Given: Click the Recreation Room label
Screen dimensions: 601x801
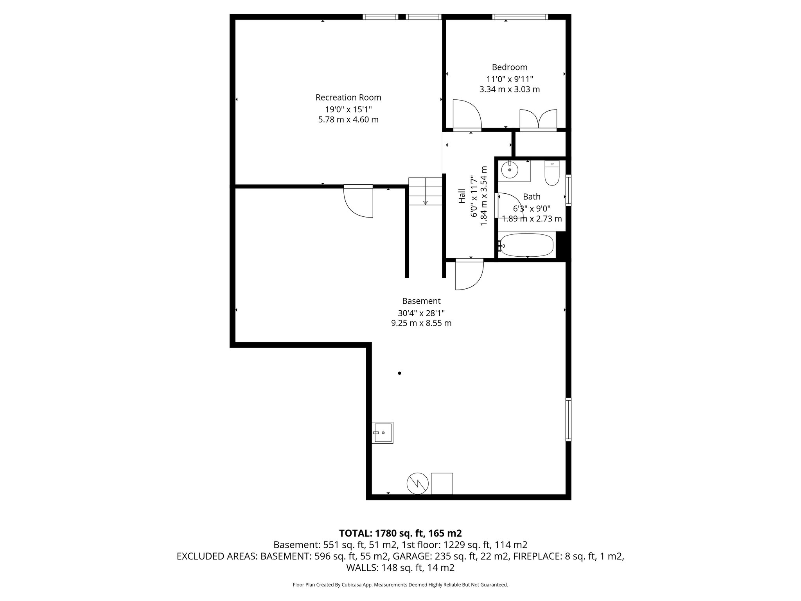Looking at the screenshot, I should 348,97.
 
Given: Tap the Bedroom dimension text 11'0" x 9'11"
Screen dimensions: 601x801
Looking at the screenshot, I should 509,79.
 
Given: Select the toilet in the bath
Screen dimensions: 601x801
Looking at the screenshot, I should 552,174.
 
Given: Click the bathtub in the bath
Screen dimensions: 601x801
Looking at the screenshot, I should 526,245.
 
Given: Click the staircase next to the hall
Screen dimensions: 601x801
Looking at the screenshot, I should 425,191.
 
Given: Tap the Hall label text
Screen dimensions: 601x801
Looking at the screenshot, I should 462,196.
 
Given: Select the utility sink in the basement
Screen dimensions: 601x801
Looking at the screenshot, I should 382,432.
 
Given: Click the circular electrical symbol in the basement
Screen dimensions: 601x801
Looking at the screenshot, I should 418,484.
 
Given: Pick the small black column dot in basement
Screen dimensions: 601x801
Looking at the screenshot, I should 399,373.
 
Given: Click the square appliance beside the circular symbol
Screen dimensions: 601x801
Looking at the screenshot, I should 442,484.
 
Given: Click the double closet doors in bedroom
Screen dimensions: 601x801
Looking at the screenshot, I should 538,119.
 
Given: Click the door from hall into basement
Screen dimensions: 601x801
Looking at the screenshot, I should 469,275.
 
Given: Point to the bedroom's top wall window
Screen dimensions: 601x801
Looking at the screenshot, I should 520,17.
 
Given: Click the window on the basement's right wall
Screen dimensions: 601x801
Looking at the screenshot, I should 568,419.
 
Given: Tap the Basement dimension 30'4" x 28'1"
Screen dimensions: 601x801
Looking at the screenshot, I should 421,313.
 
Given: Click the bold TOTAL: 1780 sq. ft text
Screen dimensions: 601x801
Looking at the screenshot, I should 400,533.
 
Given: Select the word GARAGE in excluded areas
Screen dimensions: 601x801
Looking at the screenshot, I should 411,556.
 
